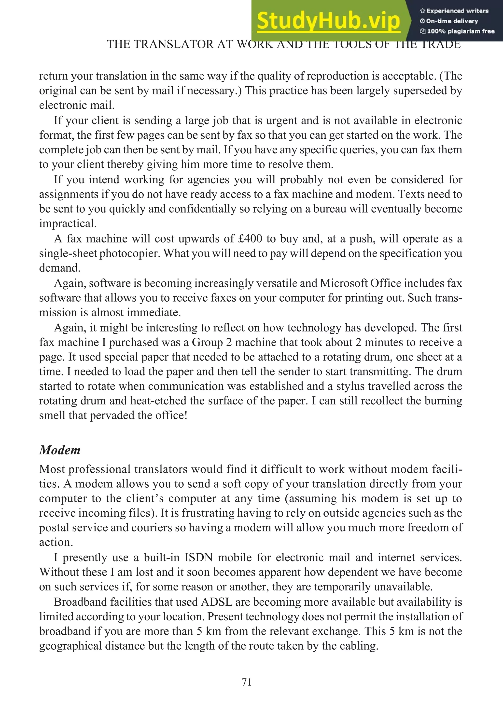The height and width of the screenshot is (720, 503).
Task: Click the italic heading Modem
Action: point(60,450)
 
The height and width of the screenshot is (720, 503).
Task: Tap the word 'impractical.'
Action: point(68,224)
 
